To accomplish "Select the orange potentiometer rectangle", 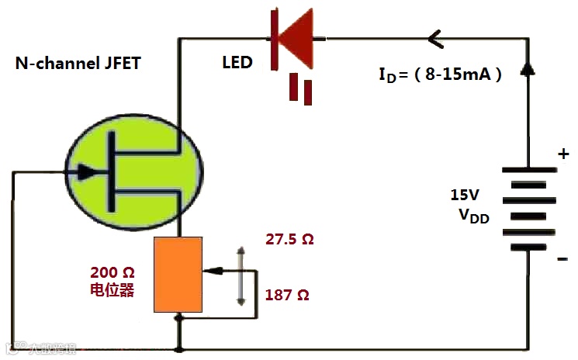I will [x=178, y=275].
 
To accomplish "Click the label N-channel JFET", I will [x=78, y=64].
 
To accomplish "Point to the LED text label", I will [x=237, y=62].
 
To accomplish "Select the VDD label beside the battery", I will [x=473, y=216].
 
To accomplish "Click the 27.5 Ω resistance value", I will [x=289, y=240].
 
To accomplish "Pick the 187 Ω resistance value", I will [x=287, y=296].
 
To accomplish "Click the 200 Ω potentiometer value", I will [x=113, y=273].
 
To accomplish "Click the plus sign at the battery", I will [x=564, y=154].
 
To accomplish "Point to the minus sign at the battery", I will [x=562, y=259].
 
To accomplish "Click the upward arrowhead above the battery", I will [x=528, y=68].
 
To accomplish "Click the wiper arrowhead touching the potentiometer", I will [x=213, y=271].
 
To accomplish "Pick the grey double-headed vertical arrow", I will [x=241, y=275].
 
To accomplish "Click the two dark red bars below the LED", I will [x=302, y=89].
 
